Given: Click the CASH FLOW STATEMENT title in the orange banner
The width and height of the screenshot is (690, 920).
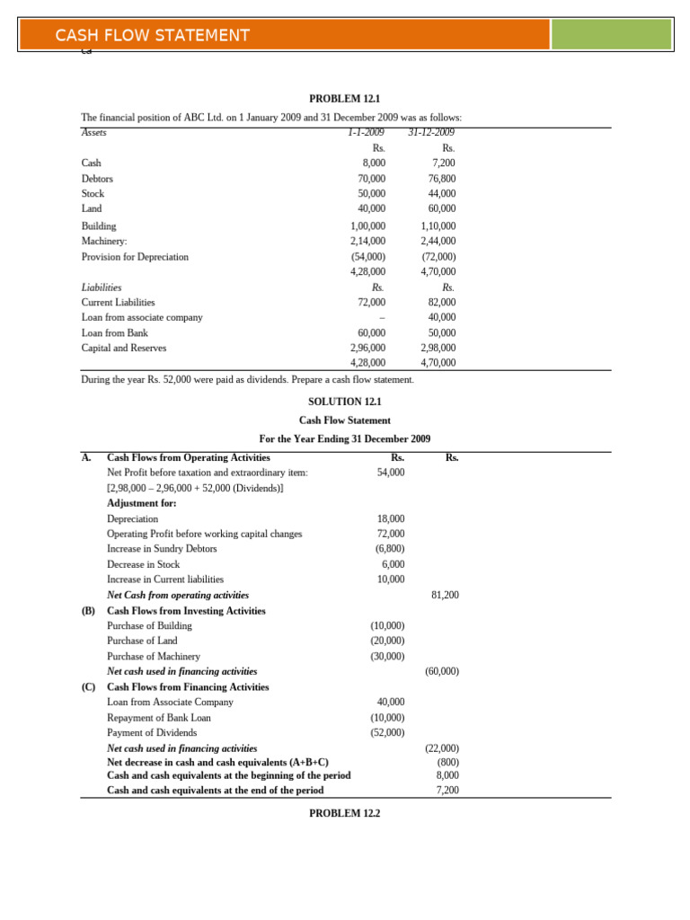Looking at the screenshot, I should point(152,35).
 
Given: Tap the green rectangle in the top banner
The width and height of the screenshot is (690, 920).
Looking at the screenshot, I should point(610,34).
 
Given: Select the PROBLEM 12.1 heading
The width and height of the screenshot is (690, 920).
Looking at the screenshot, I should point(345,98).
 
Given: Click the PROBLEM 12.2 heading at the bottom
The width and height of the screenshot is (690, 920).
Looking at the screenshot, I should point(345,813).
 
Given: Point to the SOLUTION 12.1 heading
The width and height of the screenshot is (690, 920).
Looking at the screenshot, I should point(345,402).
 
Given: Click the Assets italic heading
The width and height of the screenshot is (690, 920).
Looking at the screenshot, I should point(93,132).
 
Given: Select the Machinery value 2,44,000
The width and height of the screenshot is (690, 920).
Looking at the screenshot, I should point(438,241).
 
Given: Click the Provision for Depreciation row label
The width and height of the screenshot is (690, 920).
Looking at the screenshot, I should point(135,256).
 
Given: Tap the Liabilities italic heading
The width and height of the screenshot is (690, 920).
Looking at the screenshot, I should point(101,287).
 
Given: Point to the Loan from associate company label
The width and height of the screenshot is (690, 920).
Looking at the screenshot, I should point(142,317).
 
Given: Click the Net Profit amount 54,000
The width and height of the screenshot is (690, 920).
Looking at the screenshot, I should point(390,472).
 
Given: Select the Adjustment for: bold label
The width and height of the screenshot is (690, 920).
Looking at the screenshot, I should point(142,503).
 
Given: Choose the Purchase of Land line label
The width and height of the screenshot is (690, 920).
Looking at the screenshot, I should point(142,641).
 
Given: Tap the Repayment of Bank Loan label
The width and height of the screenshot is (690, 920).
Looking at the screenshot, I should point(159,718).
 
